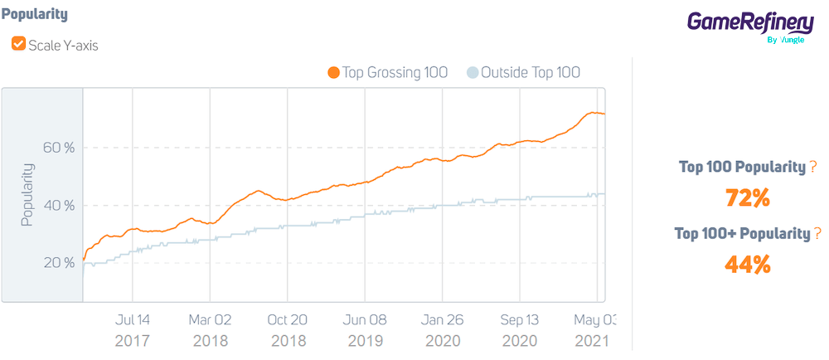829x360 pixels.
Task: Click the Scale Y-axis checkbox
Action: point(18,45)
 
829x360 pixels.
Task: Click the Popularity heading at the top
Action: point(35,15)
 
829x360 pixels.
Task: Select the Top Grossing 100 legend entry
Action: point(395,73)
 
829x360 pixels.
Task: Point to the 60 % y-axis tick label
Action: point(59,148)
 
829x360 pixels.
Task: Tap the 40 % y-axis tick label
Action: point(59,205)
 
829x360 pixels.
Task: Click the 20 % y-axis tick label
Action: point(59,263)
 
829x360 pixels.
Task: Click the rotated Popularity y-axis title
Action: point(27,195)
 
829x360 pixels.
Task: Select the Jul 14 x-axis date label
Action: point(133,319)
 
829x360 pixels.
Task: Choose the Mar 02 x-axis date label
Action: point(210,319)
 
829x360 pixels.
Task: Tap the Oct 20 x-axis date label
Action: point(287,319)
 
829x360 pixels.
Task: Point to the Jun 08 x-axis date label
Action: point(365,319)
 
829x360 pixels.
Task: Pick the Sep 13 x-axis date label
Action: point(520,319)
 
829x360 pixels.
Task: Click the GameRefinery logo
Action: point(750,25)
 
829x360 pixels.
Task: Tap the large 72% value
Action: point(748,199)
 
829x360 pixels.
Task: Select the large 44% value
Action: point(748,265)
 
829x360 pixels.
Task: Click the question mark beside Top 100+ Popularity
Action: point(818,234)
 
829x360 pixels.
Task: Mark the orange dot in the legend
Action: point(334,73)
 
